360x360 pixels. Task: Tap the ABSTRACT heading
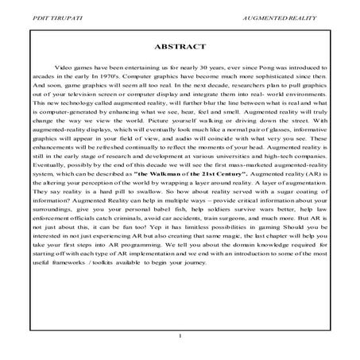180,47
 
